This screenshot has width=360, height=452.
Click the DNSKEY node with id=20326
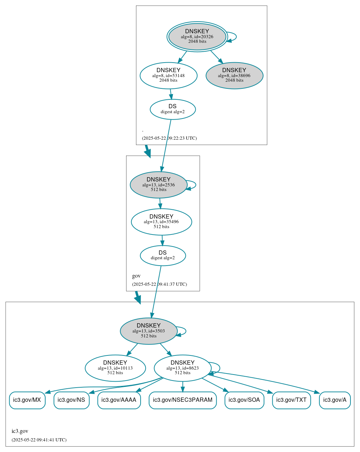[x=197, y=37]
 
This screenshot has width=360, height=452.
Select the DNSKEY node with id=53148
[x=169, y=76]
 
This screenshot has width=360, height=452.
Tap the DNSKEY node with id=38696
[x=234, y=76]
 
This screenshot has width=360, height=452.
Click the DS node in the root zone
[x=172, y=109]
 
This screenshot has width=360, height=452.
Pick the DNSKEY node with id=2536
[x=159, y=185]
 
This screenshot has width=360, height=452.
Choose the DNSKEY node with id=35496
[x=161, y=222]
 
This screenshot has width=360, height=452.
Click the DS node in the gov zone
[x=163, y=256]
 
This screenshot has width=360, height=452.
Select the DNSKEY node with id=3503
[x=149, y=331]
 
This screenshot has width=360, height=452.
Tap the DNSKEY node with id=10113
[x=115, y=368]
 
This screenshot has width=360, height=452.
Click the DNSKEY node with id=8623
[x=183, y=368]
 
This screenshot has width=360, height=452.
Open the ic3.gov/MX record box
[x=27, y=400]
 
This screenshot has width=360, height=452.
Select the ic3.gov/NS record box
[x=71, y=400]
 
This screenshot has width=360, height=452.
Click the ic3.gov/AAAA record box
[x=119, y=400]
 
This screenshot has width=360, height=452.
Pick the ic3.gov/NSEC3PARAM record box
[x=183, y=400]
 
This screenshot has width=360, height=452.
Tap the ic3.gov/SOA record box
[x=244, y=400]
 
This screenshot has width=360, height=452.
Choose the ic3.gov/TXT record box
[x=291, y=400]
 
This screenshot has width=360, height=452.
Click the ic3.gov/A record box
[x=335, y=400]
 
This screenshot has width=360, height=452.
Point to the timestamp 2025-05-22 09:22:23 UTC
[x=169, y=138]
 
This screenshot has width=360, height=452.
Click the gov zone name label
[x=136, y=276]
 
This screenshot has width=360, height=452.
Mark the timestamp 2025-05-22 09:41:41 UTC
[x=39, y=440]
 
